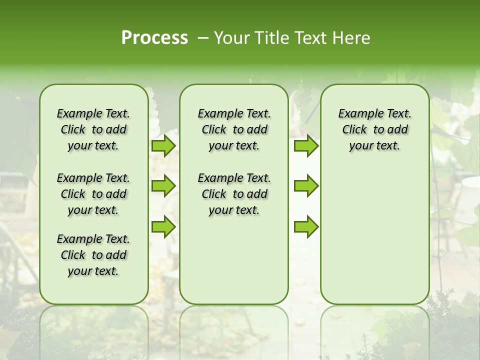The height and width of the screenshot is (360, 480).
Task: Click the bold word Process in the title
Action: pos(154,38)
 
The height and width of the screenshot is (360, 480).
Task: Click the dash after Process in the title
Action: pos(202,38)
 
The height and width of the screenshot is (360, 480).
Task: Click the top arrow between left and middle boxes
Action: pos(163,146)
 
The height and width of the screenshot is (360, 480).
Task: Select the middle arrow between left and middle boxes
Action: pos(163,186)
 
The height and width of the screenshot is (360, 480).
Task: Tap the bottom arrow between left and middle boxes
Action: pos(163,226)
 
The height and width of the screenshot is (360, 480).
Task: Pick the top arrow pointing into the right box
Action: pos(306,146)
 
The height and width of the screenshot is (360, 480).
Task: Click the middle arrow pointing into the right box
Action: pos(306,186)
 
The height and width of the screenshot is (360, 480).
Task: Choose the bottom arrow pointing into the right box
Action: pos(306,226)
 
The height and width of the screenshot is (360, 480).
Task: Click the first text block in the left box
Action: pos(93,129)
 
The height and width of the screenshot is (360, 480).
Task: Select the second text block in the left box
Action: pos(93,194)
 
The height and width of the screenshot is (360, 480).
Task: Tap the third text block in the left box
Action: pos(93,255)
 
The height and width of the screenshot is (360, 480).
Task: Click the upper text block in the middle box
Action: pos(234,129)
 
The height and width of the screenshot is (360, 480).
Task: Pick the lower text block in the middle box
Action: pos(234,194)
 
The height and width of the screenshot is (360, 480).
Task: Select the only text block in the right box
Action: pos(374,129)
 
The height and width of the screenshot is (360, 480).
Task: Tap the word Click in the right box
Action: pos(354,130)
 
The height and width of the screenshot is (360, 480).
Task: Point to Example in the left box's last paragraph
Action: pos(78,239)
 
